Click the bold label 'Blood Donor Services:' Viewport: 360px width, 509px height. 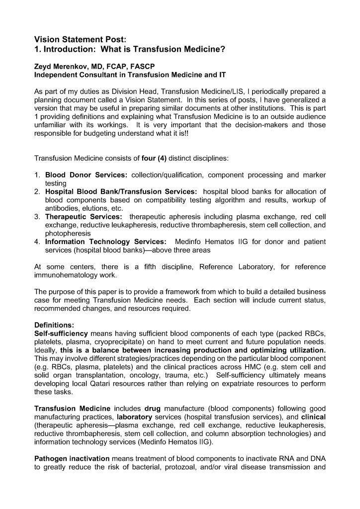87,175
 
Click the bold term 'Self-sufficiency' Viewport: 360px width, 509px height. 61,333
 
